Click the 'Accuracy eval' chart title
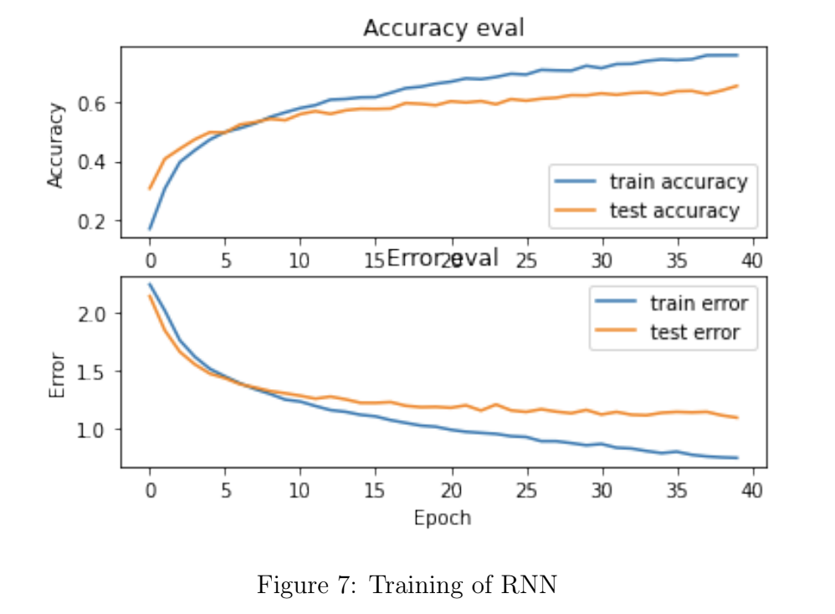coord(443,28)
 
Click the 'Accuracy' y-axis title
coord(56,144)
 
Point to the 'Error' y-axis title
coord(56,375)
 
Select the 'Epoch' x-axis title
coord(442,518)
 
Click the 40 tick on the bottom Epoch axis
coord(753,489)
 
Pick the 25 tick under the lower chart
coord(526,489)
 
